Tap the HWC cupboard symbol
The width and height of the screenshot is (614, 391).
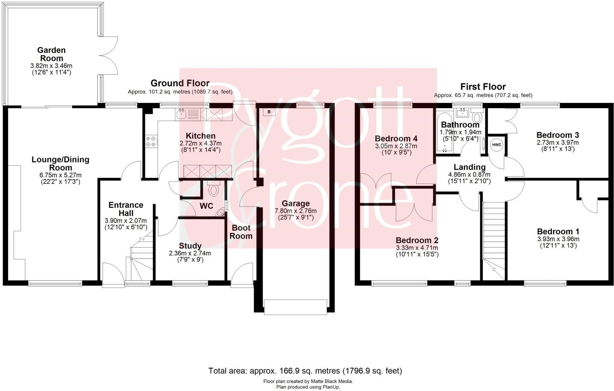(x=496, y=145)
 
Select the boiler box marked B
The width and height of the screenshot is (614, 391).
(x=269, y=112)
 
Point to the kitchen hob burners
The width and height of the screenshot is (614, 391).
(x=151, y=141)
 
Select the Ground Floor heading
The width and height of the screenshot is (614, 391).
(x=180, y=83)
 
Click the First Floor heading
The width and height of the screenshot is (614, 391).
(x=483, y=87)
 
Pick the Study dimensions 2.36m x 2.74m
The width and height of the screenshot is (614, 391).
(x=190, y=253)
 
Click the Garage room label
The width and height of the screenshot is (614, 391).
(x=296, y=203)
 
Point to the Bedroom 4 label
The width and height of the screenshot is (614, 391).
(x=396, y=139)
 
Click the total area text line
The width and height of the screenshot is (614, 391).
(x=305, y=370)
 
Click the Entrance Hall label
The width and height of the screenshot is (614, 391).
(x=126, y=209)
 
